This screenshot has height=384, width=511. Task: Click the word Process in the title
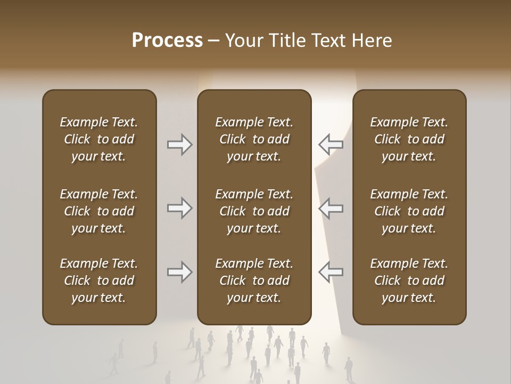167,41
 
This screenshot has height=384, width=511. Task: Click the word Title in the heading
287,41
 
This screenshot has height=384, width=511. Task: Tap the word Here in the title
372,41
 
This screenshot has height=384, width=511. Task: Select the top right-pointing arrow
179,144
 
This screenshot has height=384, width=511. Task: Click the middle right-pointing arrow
179,208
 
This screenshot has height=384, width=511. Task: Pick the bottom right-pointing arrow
179,272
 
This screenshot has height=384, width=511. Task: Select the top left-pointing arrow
331,144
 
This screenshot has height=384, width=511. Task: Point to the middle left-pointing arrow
331,208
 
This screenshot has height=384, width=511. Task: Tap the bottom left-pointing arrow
331,272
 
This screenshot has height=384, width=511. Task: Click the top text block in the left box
99,139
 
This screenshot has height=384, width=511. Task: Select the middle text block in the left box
99,211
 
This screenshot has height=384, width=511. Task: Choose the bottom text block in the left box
99,281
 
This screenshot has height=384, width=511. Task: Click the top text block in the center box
254,139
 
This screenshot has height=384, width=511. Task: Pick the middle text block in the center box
254,211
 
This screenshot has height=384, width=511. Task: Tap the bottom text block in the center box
254,281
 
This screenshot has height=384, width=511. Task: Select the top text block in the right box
409,139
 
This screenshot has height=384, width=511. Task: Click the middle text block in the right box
409,211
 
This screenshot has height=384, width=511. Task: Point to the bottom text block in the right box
409,281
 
